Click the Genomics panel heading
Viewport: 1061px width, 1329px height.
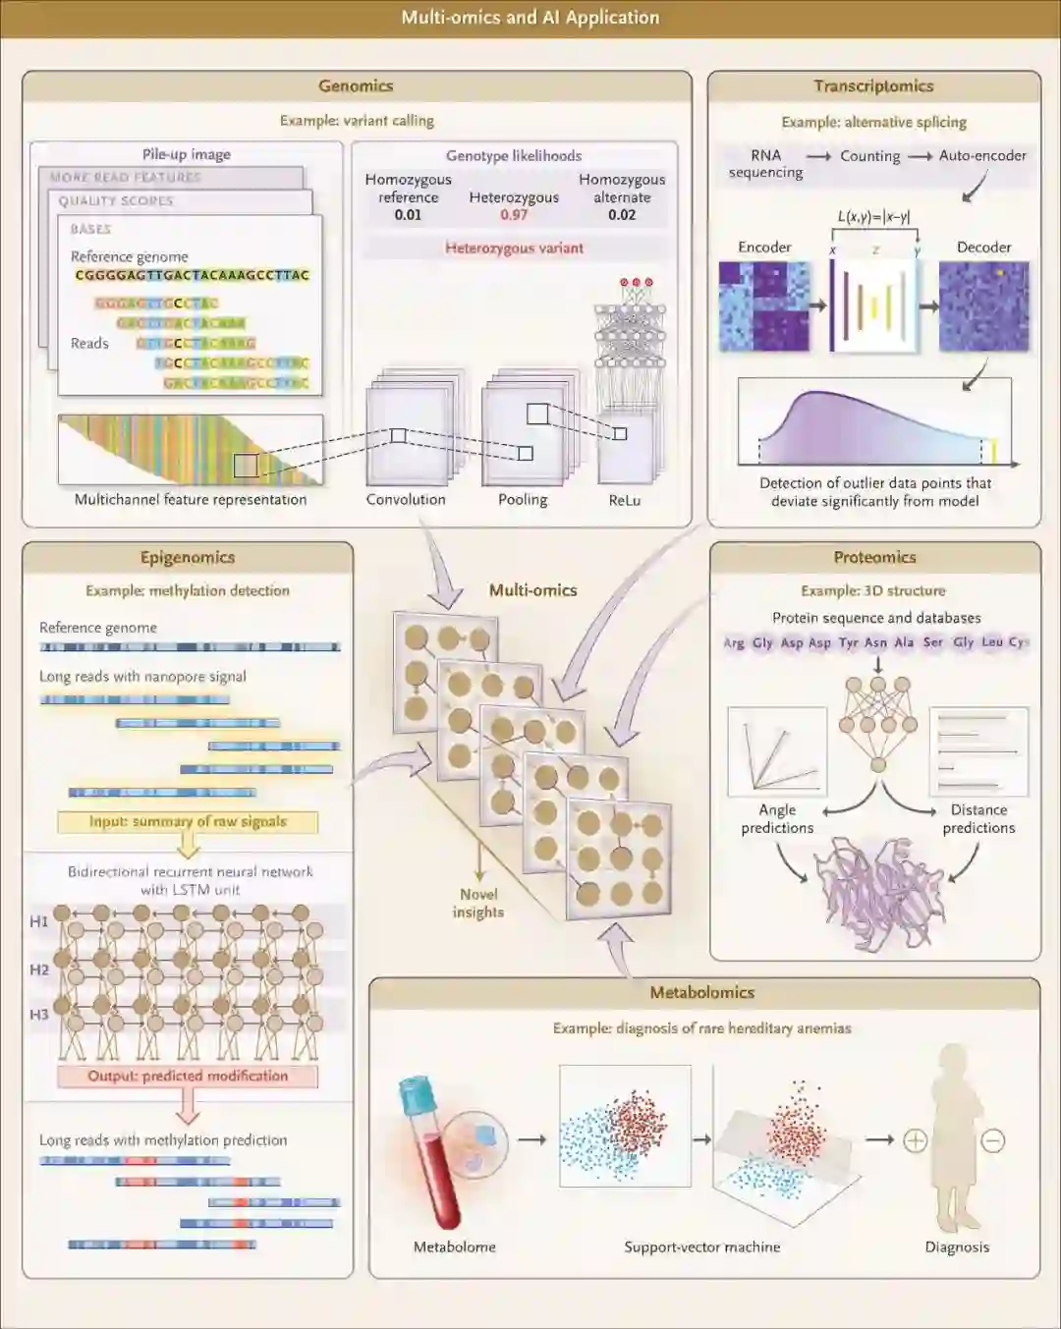pyautogui.click(x=356, y=86)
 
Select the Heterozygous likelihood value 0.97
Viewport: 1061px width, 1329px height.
pyautogui.click(x=514, y=215)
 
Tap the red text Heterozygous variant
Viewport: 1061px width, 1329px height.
pyautogui.click(x=514, y=249)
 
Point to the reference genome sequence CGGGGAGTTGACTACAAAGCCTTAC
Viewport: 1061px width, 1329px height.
pyautogui.click(x=193, y=275)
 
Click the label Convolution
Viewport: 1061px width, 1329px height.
pyautogui.click(x=406, y=500)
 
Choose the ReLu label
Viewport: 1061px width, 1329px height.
pyautogui.click(x=625, y=500)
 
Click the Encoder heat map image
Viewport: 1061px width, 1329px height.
pyautogui.click(x=764, y=306)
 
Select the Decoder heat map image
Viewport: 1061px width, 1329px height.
pyautogui.click(x=983, y=306)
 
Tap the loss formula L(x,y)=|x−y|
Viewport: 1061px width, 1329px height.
pyautogui.click(x=874, y=217)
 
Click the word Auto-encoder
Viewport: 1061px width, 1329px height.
pyautogui.click(x=982, y=155)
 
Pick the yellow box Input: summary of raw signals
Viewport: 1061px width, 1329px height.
pyautogui.click(x=188, y=821)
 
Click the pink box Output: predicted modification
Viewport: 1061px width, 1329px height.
pyautogui.click(x=188, y=1077)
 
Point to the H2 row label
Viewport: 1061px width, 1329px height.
pyautogui.click(x=39, y=969)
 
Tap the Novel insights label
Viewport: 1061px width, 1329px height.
pyautogui.click(x=478, y=903)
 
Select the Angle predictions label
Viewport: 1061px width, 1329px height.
pyautogui.click(x=777, y=818)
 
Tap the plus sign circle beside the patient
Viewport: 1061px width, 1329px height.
pyautogui.click(x=915, y=1140)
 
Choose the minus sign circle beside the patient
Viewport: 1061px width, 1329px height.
pyautogui.click(x=992, y=1140)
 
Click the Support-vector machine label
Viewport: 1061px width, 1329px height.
pyautogui.click(x=702, y=1247)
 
